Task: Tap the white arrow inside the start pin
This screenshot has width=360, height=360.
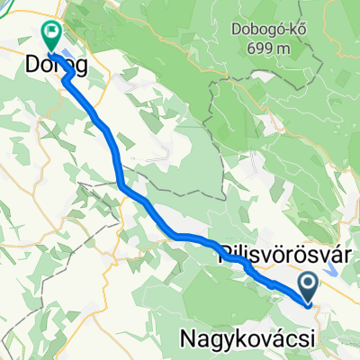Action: pos(309,285)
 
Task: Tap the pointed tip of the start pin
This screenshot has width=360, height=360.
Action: pos(309,303)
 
